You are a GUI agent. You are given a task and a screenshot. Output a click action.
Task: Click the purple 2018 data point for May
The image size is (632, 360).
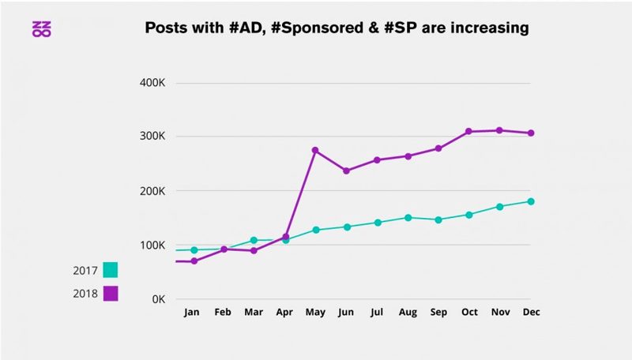(x=315, y=150)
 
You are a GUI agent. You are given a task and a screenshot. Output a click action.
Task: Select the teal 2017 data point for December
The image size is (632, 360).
(x=531, y=201)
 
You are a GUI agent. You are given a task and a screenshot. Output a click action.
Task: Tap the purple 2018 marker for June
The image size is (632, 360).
(x=346, y=171)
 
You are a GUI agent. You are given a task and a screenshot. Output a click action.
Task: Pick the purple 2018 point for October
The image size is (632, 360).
(x=468, y=131)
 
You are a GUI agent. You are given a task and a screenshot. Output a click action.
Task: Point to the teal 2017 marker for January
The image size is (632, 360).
(x=194, y=249)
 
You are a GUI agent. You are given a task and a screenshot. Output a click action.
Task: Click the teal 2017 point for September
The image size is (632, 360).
(x=438, y=219)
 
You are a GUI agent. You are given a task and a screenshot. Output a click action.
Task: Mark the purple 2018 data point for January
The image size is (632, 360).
(x=194, y=261)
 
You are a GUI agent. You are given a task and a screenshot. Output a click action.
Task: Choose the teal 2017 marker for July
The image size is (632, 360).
(x=377, y=223)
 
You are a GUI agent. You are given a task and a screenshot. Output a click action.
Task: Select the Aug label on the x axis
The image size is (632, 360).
(x=408, y=313)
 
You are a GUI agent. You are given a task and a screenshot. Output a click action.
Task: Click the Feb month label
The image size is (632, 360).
(x=224, y=313)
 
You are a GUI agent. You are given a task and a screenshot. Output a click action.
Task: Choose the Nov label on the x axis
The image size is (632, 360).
(x=499, y=313)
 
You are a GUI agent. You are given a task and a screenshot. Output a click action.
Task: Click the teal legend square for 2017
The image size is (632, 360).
(x=110, y=270)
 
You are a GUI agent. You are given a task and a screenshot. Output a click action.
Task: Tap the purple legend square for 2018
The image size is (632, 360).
(x=110, y=294)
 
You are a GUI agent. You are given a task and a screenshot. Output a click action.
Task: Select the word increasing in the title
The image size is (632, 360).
(x=483, y=28)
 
